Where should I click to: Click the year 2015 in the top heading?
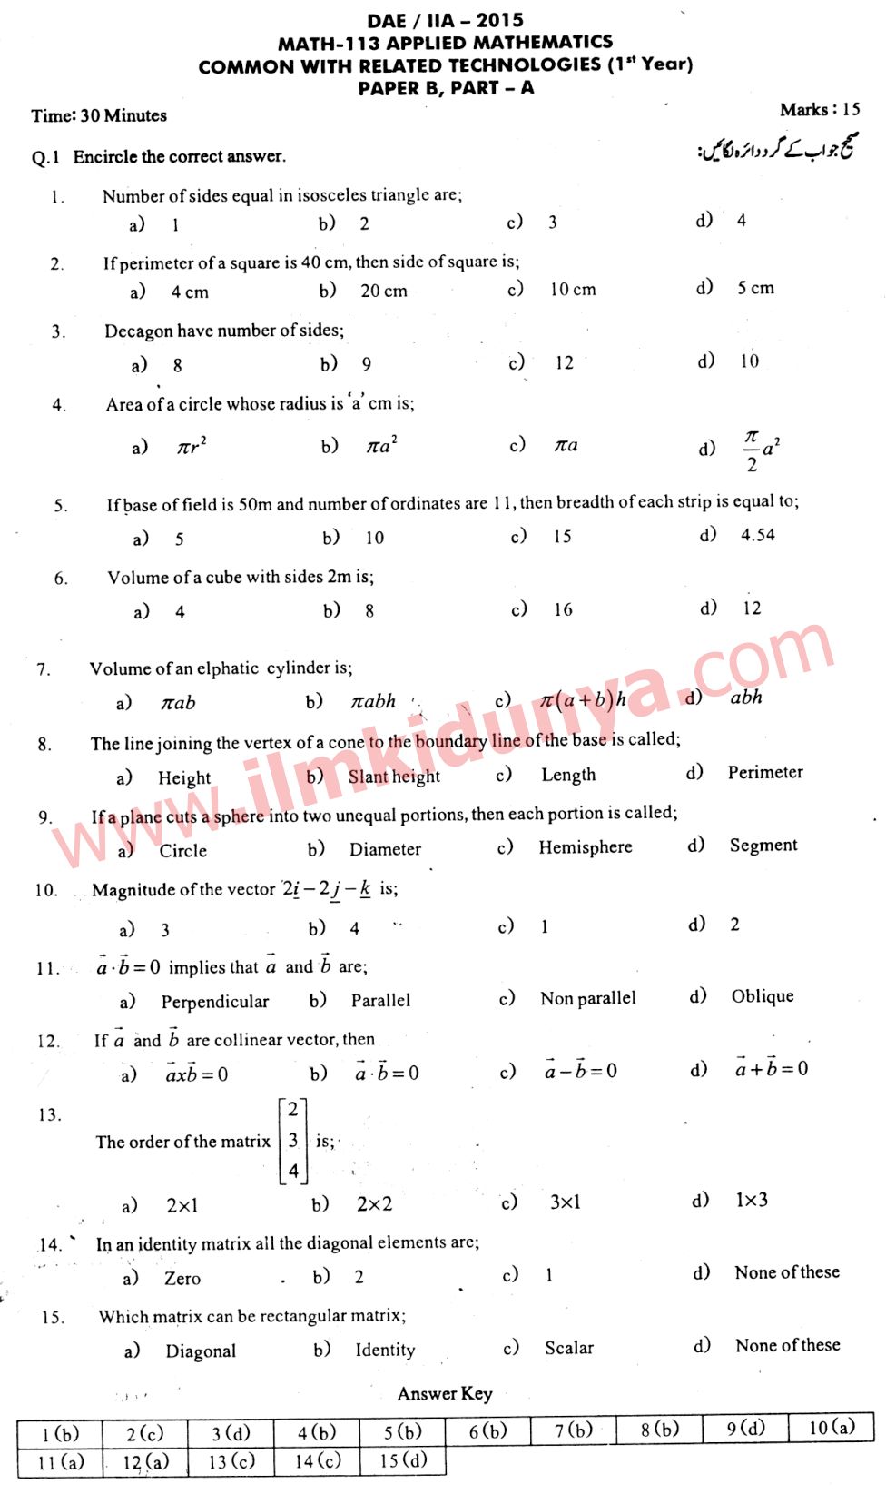(499, 20)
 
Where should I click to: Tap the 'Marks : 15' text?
(819, 110)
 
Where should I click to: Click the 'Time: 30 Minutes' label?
(99, 115)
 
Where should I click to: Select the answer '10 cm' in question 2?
(573, 290)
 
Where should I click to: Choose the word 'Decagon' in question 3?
(138, 331)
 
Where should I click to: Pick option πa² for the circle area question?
(381, 445)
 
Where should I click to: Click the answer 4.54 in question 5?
(757, 535)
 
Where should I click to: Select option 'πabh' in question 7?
(373, 701)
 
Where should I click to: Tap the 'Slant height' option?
(394, 777)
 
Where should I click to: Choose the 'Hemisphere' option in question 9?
(586, 847)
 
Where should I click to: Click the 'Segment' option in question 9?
(763, 846)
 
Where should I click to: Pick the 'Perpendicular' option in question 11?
(215, 1002)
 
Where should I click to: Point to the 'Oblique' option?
(763, 996)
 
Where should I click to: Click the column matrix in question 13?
(292, 1140)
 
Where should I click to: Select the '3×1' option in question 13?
(565, 1202)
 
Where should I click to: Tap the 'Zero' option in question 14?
(182, 1279)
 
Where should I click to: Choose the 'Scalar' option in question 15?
(569, 1348)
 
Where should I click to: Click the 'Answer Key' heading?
(445, 1394)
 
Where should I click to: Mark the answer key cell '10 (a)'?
(832, 1428)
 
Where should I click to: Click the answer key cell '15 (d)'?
(402, 1460)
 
